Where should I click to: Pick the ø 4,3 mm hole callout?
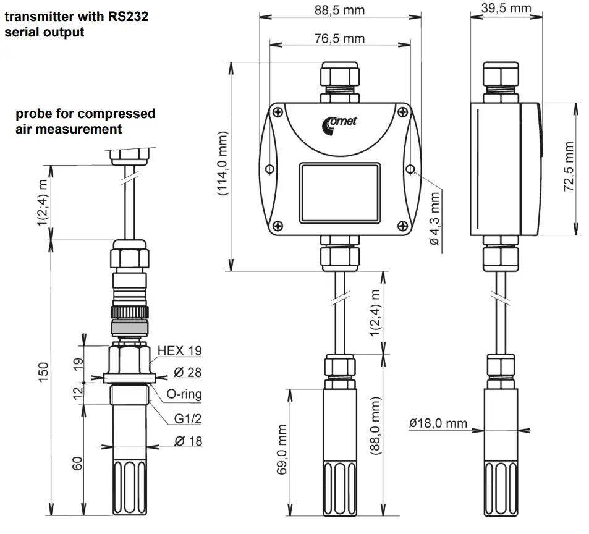point(435,218)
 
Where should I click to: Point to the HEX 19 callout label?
point(179,351)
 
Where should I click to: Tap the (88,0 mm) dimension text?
point(375,426)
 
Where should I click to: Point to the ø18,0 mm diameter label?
point(438,423)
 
